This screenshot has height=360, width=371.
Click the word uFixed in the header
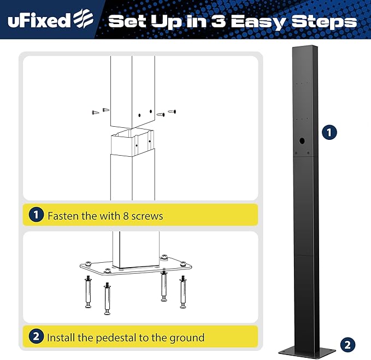(x=39, y=21)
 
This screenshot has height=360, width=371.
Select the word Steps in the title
(x=324, y=22)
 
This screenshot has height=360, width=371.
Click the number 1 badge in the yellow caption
(x=36, y=215)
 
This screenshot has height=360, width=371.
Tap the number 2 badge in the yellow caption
(x=36, y=336)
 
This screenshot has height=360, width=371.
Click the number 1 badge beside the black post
(x=329, y=132)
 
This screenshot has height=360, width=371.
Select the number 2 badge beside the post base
(x=348, y=345)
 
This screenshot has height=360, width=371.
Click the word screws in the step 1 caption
(x=147, y=216)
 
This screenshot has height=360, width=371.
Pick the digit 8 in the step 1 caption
(x=126, y=216)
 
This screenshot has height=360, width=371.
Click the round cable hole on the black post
(x=302, y=141)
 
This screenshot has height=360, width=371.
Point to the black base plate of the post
(x=307, y=352)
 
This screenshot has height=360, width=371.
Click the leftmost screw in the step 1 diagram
(x=96, y=113)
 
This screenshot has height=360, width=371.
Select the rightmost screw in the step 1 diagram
(x=172, y=111)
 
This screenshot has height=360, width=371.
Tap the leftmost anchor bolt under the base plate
(x=88, y=293)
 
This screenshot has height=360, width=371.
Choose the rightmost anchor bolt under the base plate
(x=183, y=292)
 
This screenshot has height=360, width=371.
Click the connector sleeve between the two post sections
(x=132, y=143)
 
